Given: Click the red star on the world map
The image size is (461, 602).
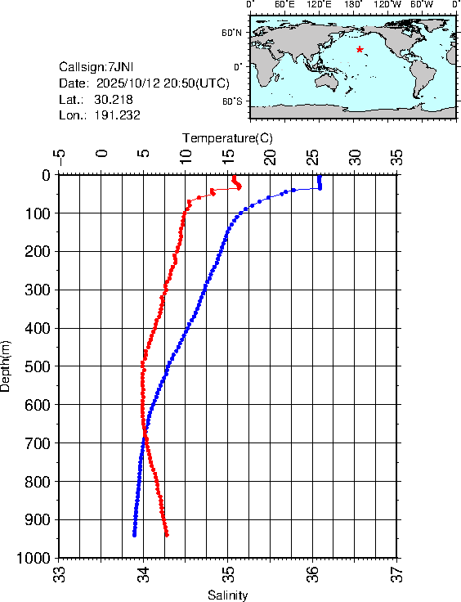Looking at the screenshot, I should coord(360,49).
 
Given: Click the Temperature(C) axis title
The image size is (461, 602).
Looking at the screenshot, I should coord(227,137).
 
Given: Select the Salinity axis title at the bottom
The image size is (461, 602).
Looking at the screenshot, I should coord(227,595).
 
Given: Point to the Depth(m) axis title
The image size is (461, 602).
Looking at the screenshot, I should coord(7,365).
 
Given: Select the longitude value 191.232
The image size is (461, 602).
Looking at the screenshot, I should coord(118,115).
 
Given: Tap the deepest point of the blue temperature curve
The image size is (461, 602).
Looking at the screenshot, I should coord(134,534).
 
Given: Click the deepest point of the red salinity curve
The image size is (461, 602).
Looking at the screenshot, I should coord(167,535).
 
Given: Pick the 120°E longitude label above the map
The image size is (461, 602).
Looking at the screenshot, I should coord(318,5).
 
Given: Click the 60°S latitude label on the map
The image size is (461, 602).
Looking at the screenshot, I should coord(231,101).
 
